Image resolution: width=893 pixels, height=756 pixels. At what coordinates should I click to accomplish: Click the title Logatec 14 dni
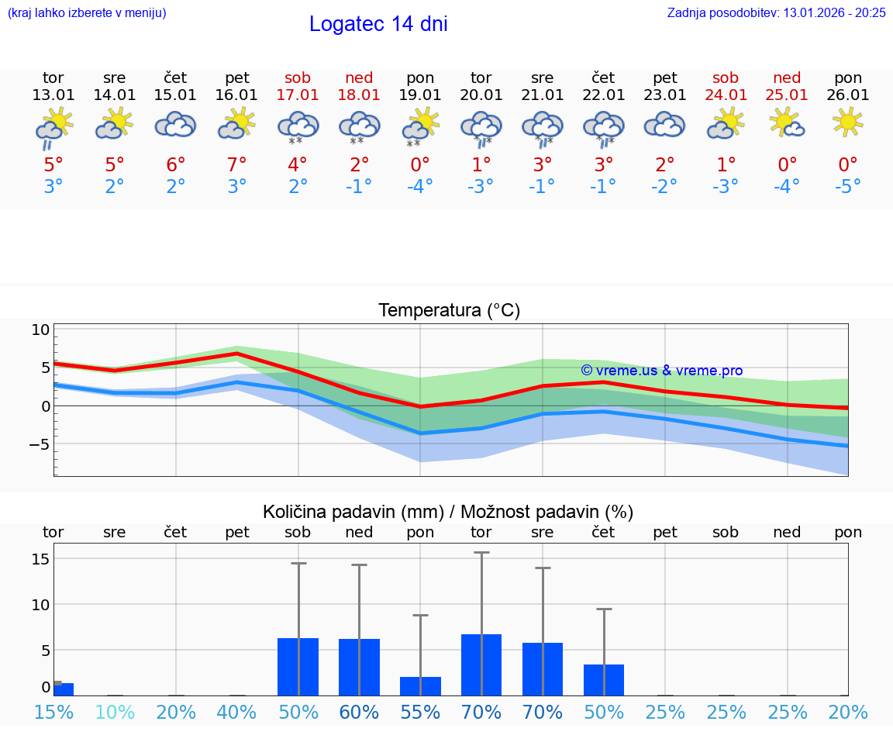378,24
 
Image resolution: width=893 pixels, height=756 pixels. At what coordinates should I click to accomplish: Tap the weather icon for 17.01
298,126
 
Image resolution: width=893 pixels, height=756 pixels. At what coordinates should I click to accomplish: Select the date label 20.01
481,95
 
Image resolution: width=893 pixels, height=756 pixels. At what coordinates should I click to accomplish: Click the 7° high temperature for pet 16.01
236,164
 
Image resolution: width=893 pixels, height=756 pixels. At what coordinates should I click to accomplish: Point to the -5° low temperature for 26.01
847,187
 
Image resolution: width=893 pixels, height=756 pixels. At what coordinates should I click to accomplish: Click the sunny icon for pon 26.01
847,122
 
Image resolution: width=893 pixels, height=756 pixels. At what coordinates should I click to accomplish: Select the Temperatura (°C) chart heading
449,311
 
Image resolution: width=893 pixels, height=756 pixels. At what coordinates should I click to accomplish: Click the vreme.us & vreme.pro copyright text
661,371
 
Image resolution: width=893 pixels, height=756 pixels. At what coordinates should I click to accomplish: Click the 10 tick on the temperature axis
40,330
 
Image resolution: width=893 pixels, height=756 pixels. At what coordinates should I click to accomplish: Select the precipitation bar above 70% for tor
481,665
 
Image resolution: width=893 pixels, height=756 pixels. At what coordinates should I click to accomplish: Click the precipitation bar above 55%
420,686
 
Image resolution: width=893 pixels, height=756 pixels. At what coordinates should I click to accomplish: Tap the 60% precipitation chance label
359,713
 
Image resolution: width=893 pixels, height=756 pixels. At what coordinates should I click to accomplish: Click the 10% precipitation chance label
115,713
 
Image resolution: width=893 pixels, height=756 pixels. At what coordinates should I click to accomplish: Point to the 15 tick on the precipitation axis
40,559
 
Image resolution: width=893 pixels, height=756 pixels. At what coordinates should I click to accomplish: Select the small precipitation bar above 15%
63,689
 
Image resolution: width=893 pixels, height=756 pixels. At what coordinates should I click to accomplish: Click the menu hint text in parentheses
87,12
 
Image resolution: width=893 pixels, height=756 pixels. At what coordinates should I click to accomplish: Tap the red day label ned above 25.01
787,78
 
